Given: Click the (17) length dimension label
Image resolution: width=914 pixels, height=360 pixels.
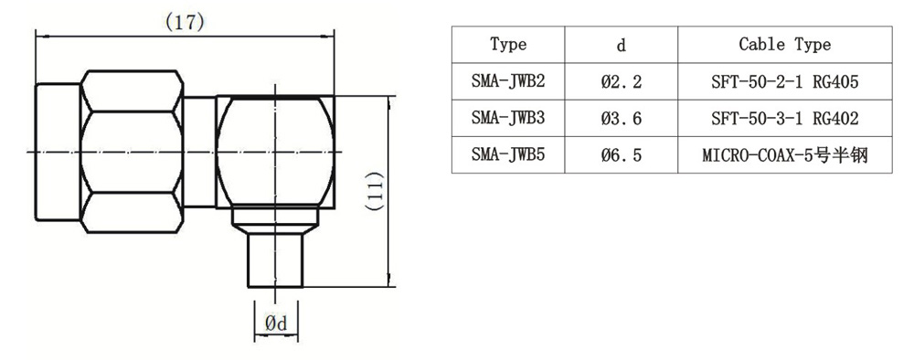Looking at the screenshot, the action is (x=185, y=23).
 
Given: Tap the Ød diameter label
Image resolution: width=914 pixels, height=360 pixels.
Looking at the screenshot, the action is (x=276, y=323).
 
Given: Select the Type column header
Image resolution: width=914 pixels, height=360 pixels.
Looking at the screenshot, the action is (x=508, y=44).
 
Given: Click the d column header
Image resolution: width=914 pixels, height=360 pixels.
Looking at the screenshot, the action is (x=622, y=45).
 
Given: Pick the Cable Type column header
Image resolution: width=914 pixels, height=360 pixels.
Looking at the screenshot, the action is (x=784, y=44).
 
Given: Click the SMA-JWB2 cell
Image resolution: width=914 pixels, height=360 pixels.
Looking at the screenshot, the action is (x=508, y=81).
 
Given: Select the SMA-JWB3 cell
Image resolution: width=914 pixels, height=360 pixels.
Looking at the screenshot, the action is (x=508, y=118).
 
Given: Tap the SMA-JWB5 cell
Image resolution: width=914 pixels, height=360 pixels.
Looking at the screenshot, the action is (x=508, y=155).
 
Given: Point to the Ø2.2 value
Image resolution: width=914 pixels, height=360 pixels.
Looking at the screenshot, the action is (x=622, y=81).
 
